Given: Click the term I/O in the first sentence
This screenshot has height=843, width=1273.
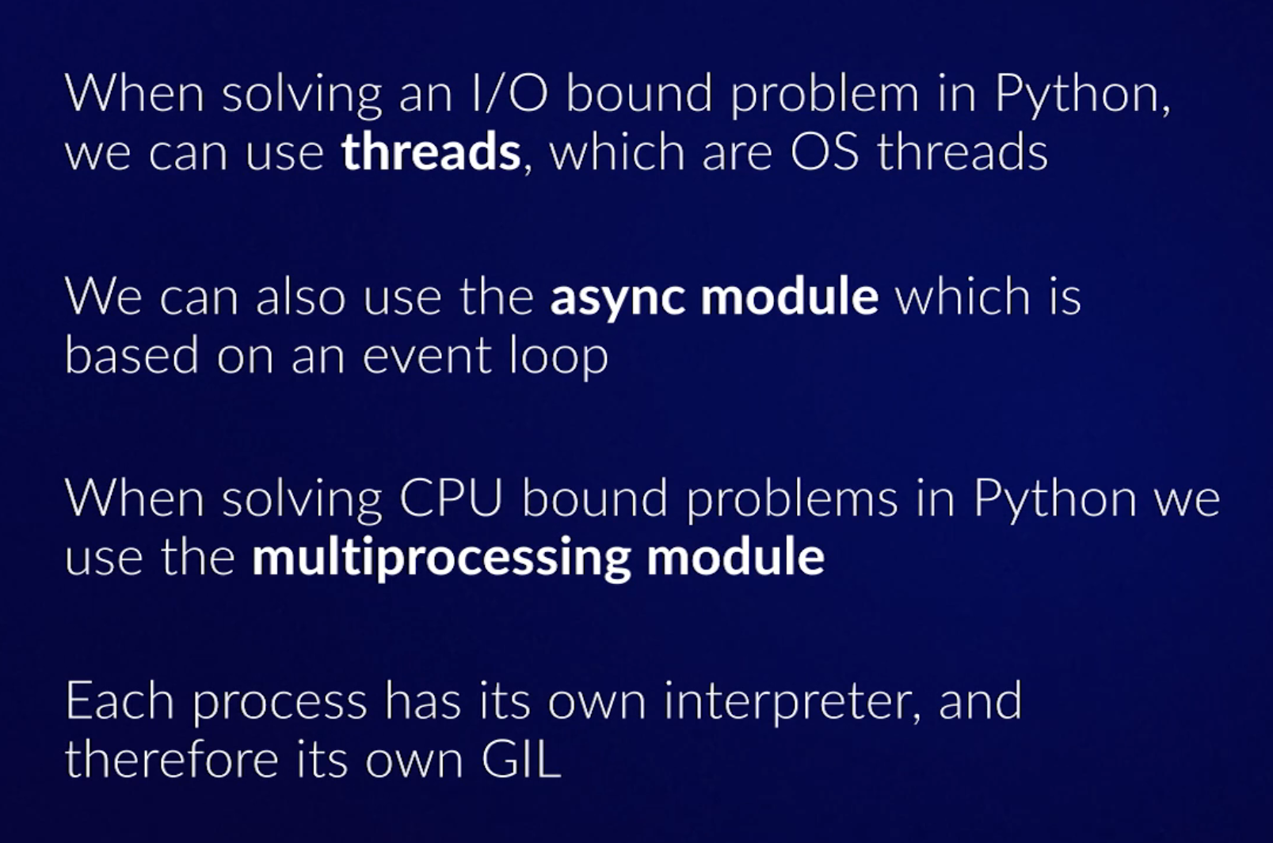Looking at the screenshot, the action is click(x=510, y=93).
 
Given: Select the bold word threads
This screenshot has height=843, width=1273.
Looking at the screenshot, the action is click(x=431, y=152).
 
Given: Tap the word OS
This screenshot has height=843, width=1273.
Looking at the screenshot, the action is click(x=825, y=152).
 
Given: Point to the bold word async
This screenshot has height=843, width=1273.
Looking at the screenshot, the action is click(x=617, y=297).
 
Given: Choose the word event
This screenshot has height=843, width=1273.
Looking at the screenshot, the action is click(x=427, y=356).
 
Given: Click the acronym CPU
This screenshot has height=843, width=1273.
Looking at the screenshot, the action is click(x=451, y=498).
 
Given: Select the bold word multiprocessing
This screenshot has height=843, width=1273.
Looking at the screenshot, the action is click(x=441, y=558).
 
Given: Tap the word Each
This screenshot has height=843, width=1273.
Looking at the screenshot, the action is click(x=120, y=701).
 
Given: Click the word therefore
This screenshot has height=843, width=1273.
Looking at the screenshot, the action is click(x=172, y=759).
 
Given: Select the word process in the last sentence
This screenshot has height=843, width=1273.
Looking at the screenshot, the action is click(x=280, y=706).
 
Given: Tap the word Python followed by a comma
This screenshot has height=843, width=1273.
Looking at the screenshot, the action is click(x=1083, y=96).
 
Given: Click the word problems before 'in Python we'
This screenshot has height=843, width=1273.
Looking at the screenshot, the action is click(x=792, y=500).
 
